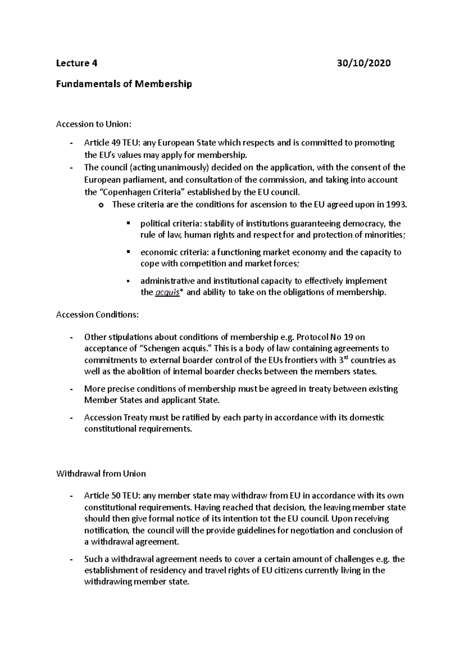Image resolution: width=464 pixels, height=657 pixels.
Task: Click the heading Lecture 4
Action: pyautogui.click(x=77, y=63)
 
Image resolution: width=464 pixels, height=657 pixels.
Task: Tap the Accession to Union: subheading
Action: pyautogui.click(x=94, y=124)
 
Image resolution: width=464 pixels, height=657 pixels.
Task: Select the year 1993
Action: pyautogui.click(x=396, y=205)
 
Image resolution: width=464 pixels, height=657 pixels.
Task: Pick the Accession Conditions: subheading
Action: pyautogui.click(x=97, y=315)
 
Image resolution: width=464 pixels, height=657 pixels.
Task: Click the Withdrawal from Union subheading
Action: pyautogui.click(x=101, y=474)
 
